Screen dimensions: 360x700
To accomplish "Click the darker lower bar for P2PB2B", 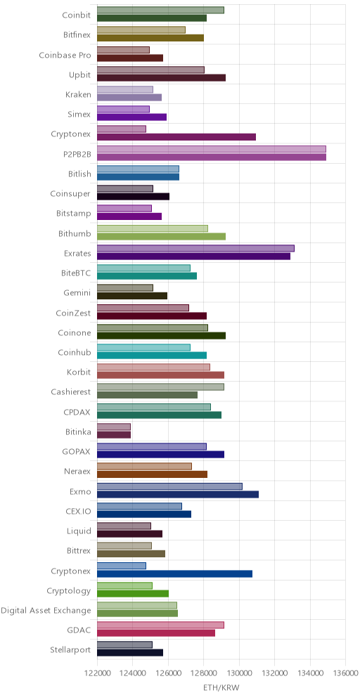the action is (211, 157).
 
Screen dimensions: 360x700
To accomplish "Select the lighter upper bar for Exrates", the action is (195, 248).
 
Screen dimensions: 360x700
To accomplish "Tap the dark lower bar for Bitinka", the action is (114, 435).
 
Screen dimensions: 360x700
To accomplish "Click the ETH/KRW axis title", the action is (221, 688).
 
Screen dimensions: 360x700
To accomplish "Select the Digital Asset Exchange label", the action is (46, 610).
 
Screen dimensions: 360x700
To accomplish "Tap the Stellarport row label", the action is (70, 649).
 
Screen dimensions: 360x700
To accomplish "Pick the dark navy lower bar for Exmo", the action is (178, 494).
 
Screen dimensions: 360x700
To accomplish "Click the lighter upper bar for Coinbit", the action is (160, 11).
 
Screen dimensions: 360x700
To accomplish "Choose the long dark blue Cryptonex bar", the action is (174, 573).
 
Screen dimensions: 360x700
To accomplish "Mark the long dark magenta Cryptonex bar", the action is (176, 137).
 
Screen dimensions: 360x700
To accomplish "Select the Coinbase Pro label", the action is (65, 56).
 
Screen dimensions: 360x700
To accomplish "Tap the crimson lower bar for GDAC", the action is (156, 633).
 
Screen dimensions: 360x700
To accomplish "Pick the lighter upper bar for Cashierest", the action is (160, 387).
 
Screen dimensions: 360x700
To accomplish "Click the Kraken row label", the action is (78, 95).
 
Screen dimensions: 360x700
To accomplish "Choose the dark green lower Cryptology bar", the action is (133, 593).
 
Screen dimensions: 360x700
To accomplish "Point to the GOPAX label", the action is (77, 451).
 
